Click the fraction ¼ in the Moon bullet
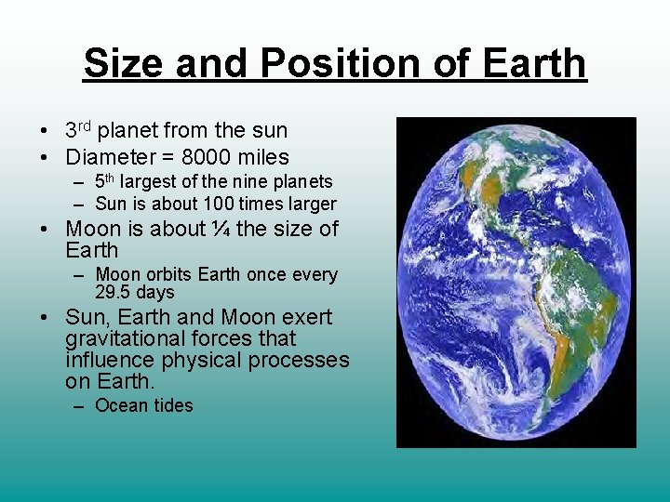[221, 229]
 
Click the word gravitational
[121, 338]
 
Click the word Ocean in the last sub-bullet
[121, 405]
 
